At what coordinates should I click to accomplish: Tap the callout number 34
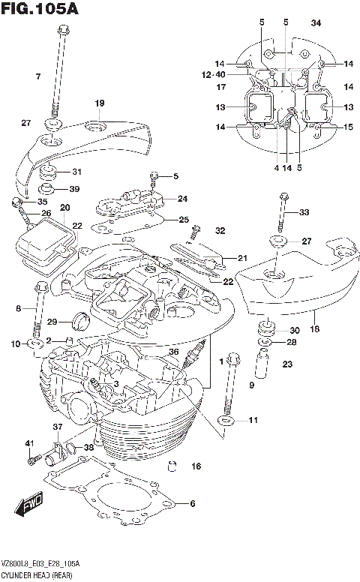point(316,22)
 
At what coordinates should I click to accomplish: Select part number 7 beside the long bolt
point(37,77)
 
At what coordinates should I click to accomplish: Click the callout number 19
point(99,103)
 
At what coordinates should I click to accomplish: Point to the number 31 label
point(76,172)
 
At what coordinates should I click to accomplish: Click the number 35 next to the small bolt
point(41,202)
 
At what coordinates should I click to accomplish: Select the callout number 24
point(182,199)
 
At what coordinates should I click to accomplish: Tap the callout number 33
point(304,212)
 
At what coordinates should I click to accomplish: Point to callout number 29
point(52,322)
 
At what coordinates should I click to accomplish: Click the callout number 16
point(196,466)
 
